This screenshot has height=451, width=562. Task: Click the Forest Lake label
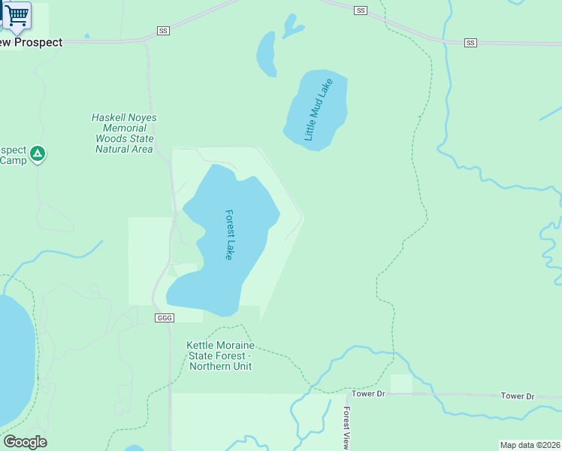(229, 235)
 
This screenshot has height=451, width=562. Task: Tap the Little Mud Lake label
(317, 111)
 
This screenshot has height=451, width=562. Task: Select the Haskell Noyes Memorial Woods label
(124, 133)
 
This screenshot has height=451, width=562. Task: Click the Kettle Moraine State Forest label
(220, 356)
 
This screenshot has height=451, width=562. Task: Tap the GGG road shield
(165, 318)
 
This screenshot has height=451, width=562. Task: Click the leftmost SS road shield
(164, 31)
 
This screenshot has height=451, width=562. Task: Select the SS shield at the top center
(361, 11)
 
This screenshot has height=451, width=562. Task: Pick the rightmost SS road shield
(470, 43)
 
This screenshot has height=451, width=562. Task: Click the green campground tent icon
(38, 155)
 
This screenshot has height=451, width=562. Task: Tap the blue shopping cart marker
(17, 15)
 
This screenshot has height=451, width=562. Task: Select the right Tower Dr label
(517, 396)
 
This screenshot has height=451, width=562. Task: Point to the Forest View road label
(346, 428)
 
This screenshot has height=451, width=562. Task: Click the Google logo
(24, 442)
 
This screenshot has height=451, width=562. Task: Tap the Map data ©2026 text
(530, 445)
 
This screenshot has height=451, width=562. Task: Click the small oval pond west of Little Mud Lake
(266, 54)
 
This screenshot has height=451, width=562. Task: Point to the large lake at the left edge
(14, 361)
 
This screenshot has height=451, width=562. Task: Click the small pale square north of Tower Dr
(401, 383)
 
